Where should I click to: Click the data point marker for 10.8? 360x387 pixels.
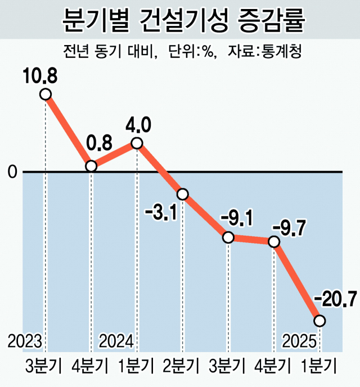coord(46,94)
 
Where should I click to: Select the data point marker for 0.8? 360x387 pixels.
coord(91,166)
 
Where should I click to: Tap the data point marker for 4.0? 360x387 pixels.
coord(137,143)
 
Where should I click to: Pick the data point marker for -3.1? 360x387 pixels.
coord(182,194)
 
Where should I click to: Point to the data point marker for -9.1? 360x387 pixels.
coord(228,237)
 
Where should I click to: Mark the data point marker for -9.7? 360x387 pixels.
coord(274,241)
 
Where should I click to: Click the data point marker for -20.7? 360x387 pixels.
coord(319,321)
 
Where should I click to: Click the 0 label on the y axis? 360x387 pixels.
coord(12,172)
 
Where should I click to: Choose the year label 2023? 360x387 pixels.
coord(24,341)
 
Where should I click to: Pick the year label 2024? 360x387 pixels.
coord(116,341)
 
